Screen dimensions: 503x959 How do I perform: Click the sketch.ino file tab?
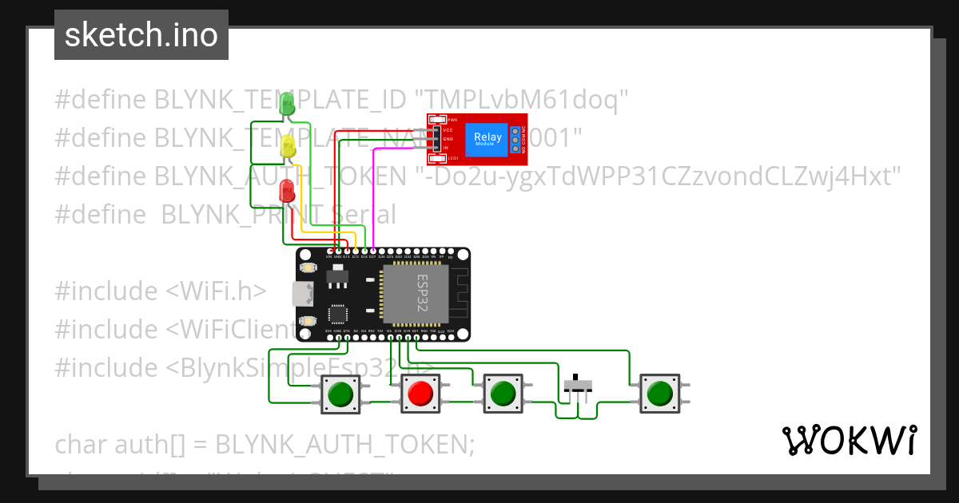coord(141,35)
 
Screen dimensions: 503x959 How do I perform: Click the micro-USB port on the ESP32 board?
coord(301,294)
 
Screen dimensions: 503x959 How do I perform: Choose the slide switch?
coord(578,385)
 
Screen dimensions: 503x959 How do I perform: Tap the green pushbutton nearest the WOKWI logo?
coord(659,394)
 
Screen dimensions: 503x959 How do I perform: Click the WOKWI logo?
coord(849,440)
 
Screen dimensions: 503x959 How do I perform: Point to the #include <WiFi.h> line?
coord(160,291)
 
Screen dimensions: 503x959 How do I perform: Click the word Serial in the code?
coord(359,214)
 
